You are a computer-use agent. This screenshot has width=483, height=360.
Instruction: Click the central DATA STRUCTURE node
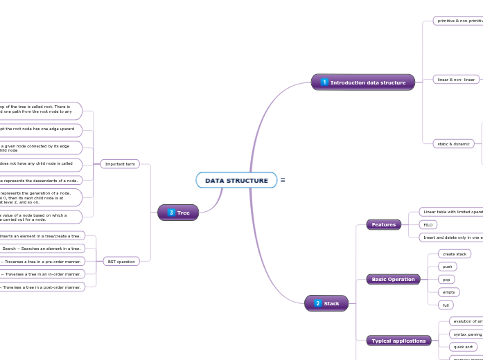pyautogui.click(x=236, y=181)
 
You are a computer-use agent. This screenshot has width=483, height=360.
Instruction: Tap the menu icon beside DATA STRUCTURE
pyautogui.click(x=283, y=180)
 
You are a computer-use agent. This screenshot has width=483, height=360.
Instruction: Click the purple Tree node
pyautogui.click(x=178, y=213)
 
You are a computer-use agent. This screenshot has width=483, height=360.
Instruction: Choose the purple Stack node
pyautogui.click(x=326, y=303)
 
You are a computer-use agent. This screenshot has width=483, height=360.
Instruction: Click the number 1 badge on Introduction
pyautogui.click(x=324, y=82)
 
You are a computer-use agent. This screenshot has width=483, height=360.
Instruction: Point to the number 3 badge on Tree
pyautogui.click(x=170, y=213)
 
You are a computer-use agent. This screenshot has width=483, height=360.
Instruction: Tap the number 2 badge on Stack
pyautogui.click(x=317, y=303)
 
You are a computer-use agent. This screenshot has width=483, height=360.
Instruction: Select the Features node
pyautogui.click(x=384, y=224)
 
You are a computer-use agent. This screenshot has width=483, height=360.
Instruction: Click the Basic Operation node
pyautogui.click(x=394, y=279)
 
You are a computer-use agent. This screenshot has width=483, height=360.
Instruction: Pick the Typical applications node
pyautogui.click(x=399, y=341)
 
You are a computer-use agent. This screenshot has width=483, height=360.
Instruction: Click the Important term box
pyautogui.click(x=121, y=164)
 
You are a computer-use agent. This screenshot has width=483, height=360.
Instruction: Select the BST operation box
pyautogui.click(x=121, y=261)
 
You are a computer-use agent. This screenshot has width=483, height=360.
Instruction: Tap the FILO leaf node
pyautogui.click(x=428, y=224)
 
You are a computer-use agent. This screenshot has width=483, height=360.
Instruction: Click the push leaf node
pyautogui.click(x=448, y=267)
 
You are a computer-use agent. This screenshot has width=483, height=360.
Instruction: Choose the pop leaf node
pyautogui.click(x=447, y=279)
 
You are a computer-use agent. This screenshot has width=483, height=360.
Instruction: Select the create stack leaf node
pyautogui.click(x=455, y=254)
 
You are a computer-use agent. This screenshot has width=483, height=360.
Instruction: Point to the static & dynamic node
pyautogui.click(x=453, y=144)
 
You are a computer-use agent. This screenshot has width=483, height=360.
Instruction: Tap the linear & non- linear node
pyautogui.click(x=456, y=80)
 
